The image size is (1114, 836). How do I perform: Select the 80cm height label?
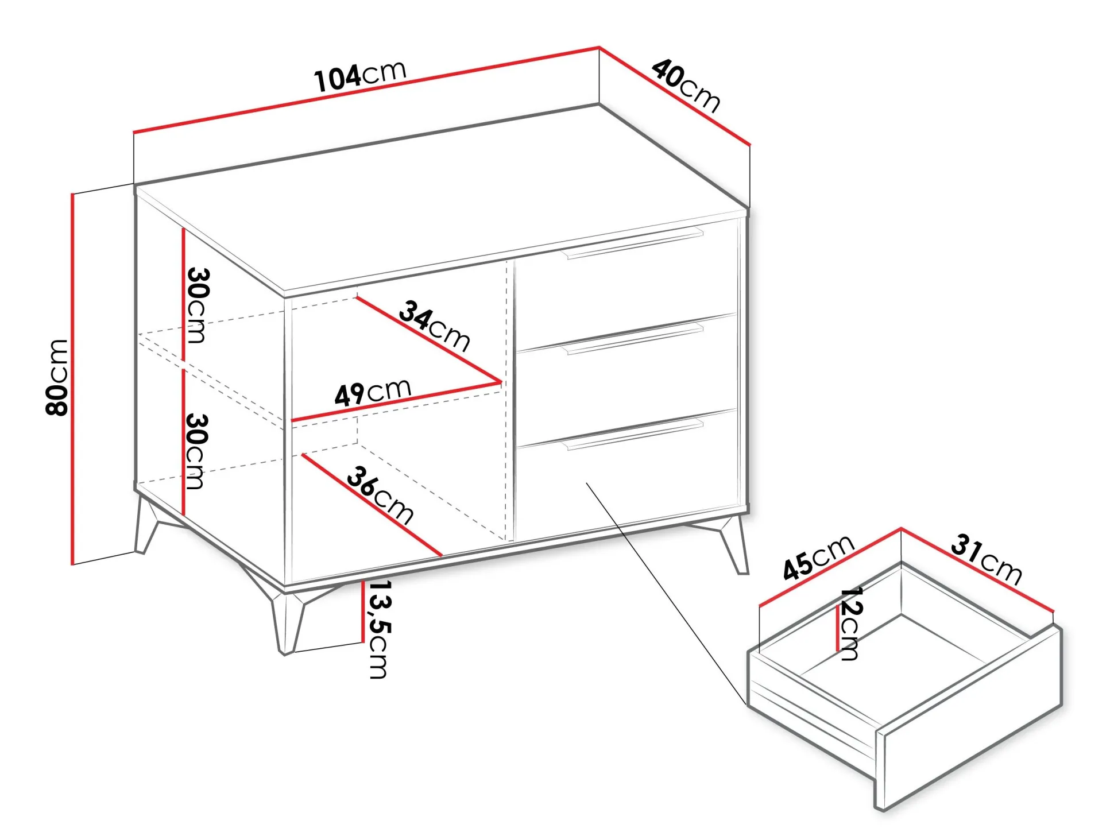coord(57,377)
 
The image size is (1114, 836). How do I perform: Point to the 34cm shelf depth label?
coord(435,326)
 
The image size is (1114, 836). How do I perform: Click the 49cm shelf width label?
coord(373,392)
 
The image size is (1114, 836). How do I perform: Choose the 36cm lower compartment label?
coord(380,495)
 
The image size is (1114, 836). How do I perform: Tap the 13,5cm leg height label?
coord(378,629)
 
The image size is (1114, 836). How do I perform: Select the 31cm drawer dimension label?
coord(987,559)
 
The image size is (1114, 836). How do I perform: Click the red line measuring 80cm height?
coord(73,379)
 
